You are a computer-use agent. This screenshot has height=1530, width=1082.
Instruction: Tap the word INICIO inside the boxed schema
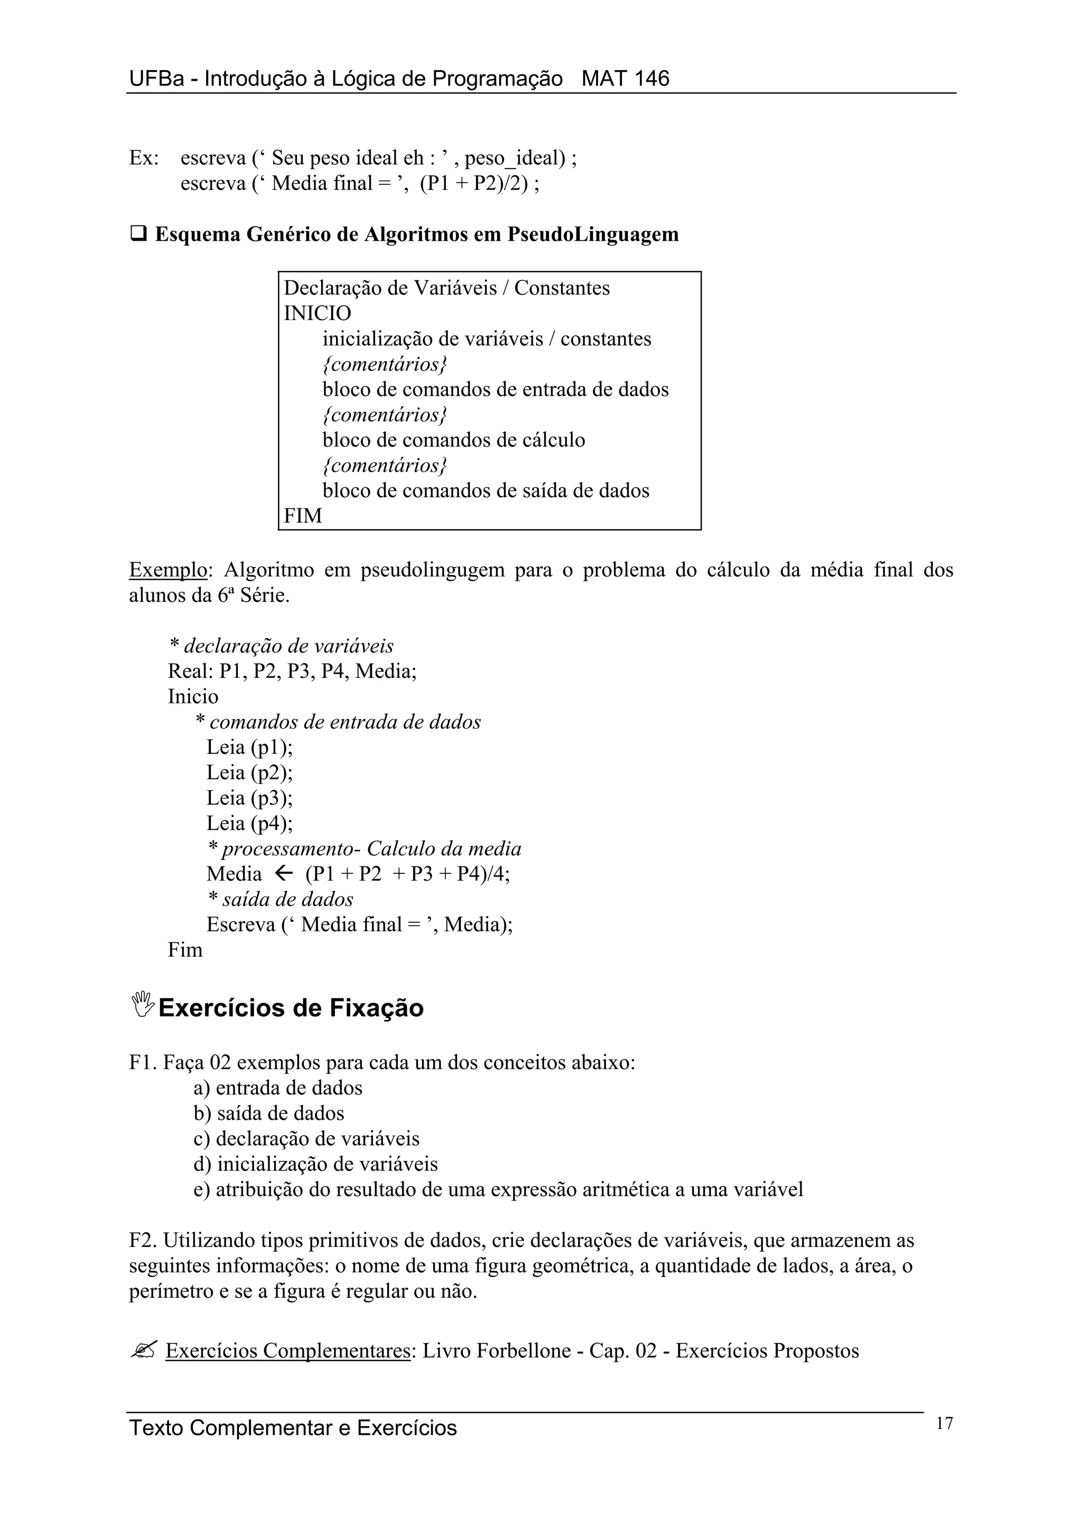[318, 313]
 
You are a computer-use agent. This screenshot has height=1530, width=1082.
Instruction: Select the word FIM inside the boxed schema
[303, 516]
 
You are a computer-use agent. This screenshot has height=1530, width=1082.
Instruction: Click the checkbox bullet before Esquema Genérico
[138, 234]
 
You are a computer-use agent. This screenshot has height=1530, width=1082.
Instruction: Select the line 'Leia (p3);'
[249, 798]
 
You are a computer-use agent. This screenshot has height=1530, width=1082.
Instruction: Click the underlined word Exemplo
[168, 570]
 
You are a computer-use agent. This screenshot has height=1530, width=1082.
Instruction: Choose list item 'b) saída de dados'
[269, 1113]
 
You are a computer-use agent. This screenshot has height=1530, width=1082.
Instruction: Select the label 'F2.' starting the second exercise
[143, 1240]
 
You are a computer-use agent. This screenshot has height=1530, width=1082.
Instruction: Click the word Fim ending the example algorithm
[185, 950]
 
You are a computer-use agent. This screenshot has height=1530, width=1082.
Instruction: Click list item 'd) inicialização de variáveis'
[315, 1164]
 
